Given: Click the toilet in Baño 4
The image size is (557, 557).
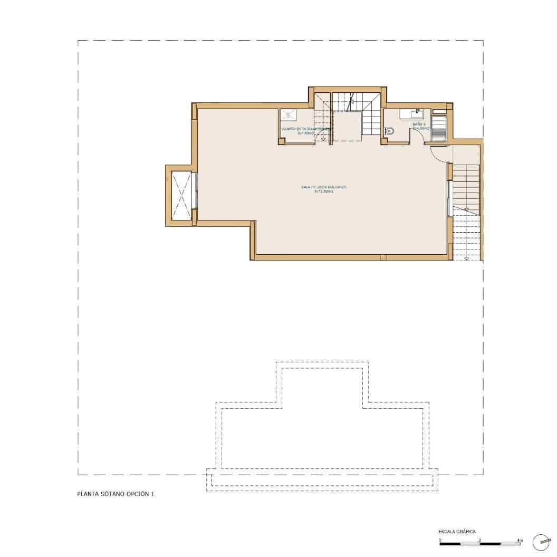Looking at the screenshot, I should (x=389, y=131).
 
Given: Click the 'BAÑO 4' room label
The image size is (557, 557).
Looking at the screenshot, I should (x=419, y=124).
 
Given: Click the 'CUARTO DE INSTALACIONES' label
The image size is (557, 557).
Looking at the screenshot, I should (x=305, y=129).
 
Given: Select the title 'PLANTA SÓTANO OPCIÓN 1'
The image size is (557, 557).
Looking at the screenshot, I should (x=116, y=494).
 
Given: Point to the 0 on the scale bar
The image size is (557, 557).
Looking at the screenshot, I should (x=440, y=540).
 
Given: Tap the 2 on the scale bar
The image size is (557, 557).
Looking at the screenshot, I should (x=479, y=540).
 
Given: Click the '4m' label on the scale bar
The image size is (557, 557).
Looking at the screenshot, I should (x=520, y=540).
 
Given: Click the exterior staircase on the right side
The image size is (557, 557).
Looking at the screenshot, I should (x=466, y=200).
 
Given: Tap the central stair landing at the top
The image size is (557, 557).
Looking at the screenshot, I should (x=347, y=127).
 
